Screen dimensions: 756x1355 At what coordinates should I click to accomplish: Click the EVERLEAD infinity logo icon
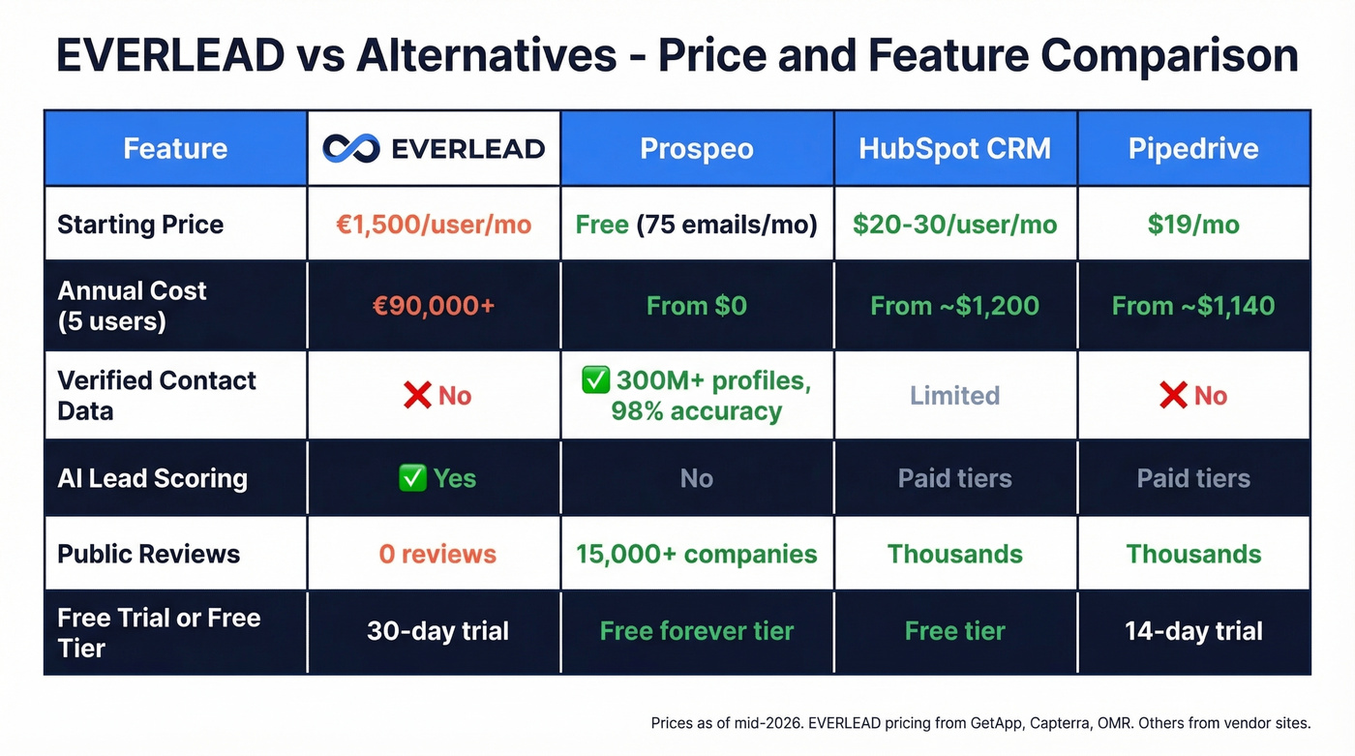[351, 148]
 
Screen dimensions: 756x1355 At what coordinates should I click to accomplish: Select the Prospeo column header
[697, 149]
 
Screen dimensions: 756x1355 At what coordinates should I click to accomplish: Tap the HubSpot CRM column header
[954, 149]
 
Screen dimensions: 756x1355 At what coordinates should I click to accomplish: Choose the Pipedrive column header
[1193, 149]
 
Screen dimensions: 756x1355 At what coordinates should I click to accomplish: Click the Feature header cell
[175, 149]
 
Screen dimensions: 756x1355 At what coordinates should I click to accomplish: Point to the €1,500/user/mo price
[433, 225]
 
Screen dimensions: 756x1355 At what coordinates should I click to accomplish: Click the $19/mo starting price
[1193, 225]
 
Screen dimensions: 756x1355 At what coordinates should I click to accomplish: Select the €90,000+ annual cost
[433, 306]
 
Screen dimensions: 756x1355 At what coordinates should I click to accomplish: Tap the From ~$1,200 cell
[954, 306]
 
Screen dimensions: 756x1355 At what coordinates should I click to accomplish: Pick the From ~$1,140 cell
[1193, 306]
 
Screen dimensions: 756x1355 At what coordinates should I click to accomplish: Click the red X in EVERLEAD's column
[417, 396]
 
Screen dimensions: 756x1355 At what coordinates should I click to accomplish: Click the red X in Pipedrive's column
[1173, 396]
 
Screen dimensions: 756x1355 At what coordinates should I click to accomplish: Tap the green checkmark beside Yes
[412, 478]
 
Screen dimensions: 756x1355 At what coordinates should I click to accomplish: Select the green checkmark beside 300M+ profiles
[594, 380]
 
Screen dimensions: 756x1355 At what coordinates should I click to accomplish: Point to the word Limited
[954, 396]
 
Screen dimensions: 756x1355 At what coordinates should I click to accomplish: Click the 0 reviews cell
[437, 554]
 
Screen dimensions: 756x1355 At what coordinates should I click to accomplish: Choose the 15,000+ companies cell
[697, 554]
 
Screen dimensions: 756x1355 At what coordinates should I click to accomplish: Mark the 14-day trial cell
[1193, 632]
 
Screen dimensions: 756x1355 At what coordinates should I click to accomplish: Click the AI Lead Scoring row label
[152, 478]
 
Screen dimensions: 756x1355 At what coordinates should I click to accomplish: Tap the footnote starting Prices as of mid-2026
[980, 723]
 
